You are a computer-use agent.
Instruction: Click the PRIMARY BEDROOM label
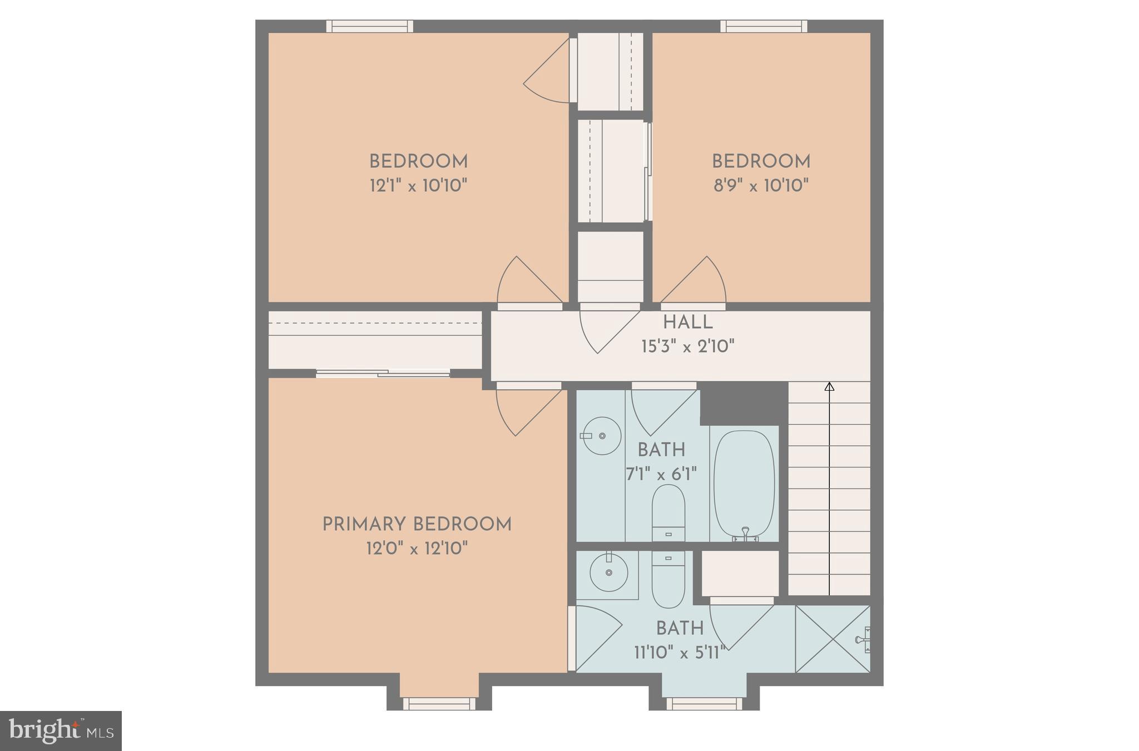[x=417, y=524]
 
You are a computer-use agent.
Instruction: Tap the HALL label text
[x=687, y=322]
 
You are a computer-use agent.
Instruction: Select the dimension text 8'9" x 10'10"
[x=761, y=186]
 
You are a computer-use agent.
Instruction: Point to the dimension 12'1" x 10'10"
[x=418, y=186]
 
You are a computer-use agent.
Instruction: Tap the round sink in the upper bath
[x=602, y=436]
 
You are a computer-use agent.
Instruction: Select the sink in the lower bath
[x=608, y=573]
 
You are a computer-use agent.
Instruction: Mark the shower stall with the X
[x=832, y=639]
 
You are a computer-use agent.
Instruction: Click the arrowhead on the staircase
[x=829, y=386]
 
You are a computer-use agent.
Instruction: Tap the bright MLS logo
[x=61, y=730]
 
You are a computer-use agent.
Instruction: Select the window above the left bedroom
[x=369, y=26]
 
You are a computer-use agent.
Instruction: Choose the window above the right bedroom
[x=764, y=26]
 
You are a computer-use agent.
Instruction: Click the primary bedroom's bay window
[x=439, y=704]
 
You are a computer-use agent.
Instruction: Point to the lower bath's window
[x=704, y=704]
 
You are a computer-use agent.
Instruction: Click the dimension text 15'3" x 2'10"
[x=687, y=347]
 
